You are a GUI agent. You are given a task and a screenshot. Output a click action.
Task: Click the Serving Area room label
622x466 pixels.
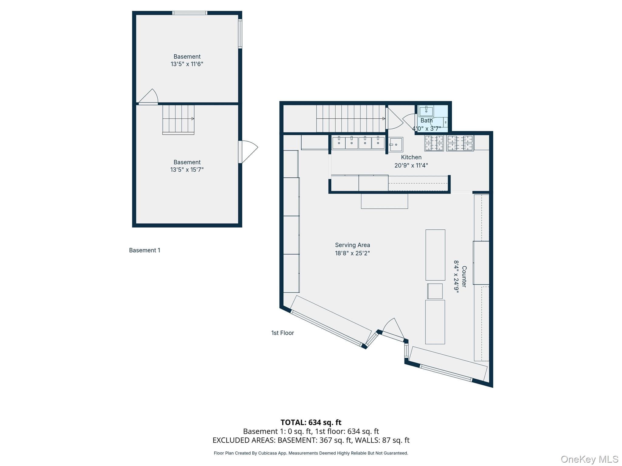tap(352, 245)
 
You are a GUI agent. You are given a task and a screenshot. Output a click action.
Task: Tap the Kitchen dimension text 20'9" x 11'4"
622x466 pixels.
tap(411, 165)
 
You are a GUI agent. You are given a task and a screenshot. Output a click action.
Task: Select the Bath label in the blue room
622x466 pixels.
tap(426, 120)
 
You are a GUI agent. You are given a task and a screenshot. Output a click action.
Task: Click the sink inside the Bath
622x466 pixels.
tap(426, 111)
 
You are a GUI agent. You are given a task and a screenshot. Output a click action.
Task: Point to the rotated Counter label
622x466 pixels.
tap(464, 276)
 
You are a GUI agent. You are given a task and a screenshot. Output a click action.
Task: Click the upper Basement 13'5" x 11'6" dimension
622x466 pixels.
tap(187, 64)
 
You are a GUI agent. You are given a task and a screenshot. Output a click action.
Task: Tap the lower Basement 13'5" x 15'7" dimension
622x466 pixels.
tap(187, 170)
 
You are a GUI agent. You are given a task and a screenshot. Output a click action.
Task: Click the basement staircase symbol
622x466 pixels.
tap(178, 120)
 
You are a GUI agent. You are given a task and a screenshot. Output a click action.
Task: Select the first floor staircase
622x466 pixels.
tap(351, 119)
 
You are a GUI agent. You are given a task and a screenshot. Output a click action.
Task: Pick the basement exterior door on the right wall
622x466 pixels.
tap(248, 152)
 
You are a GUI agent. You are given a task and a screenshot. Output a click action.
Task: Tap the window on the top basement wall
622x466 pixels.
tap(190, 13)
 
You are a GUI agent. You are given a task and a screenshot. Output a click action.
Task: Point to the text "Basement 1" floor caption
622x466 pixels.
tap(145, 250)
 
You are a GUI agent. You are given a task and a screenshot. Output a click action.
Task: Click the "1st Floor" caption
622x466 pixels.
tap(282, 333)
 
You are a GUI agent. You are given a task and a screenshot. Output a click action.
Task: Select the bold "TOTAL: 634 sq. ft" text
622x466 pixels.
tap(311, 422)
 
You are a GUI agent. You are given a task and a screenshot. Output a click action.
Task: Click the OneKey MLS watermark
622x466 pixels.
tap(589, 459)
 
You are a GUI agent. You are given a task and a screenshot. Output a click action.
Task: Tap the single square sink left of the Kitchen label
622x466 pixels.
tap(396, 144)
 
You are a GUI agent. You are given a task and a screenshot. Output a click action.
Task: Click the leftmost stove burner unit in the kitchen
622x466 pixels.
tap(434, 143)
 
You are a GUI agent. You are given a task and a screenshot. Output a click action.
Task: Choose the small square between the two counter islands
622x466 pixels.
tap(435, 291)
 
